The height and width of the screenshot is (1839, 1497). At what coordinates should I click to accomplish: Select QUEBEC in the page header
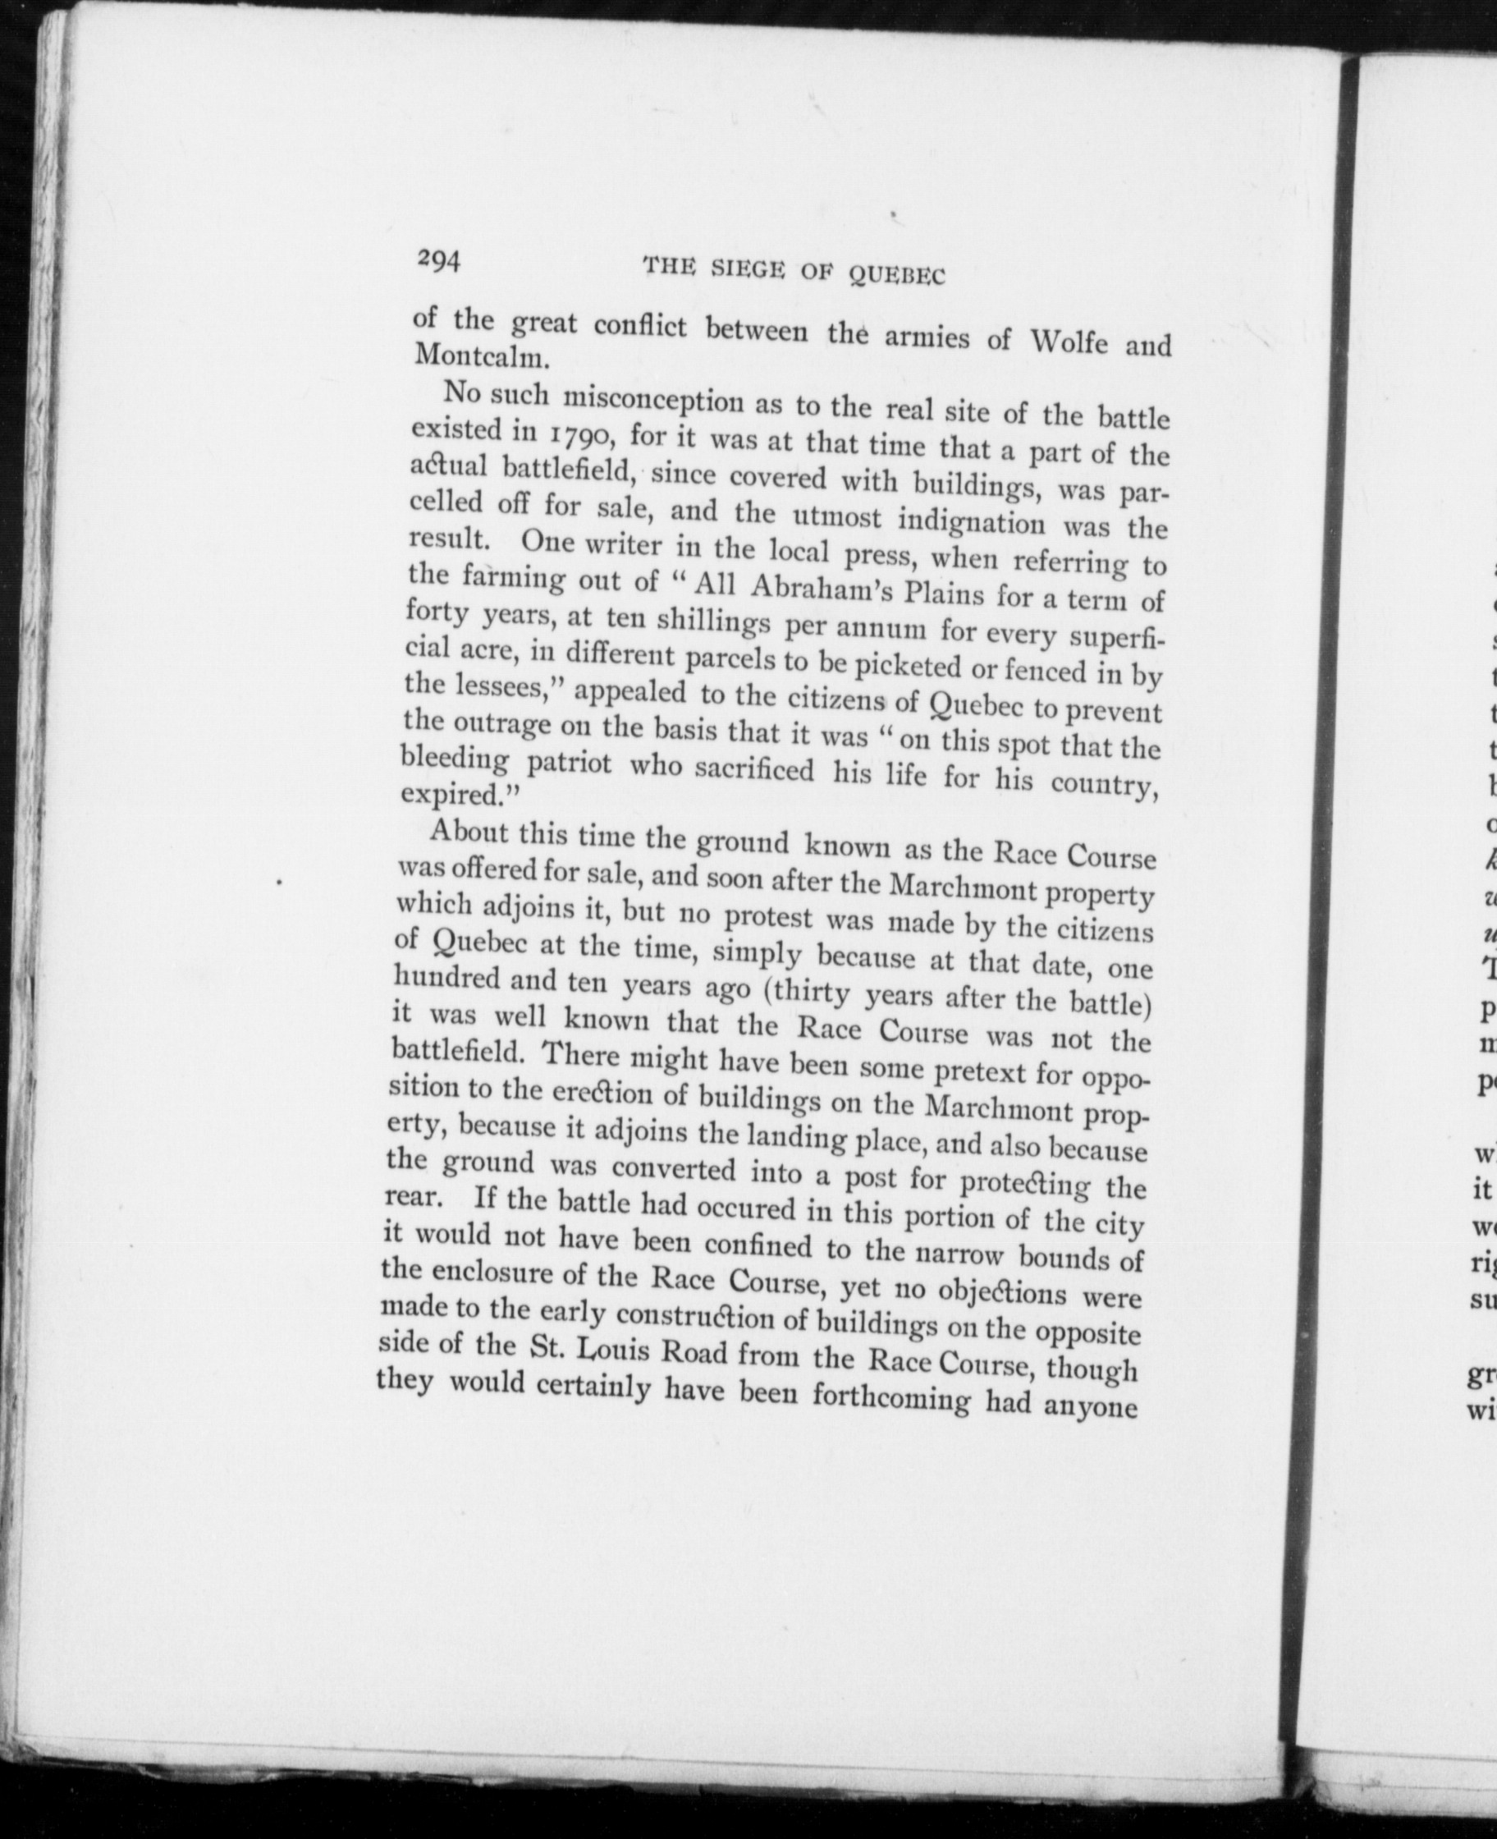(897, 275)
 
